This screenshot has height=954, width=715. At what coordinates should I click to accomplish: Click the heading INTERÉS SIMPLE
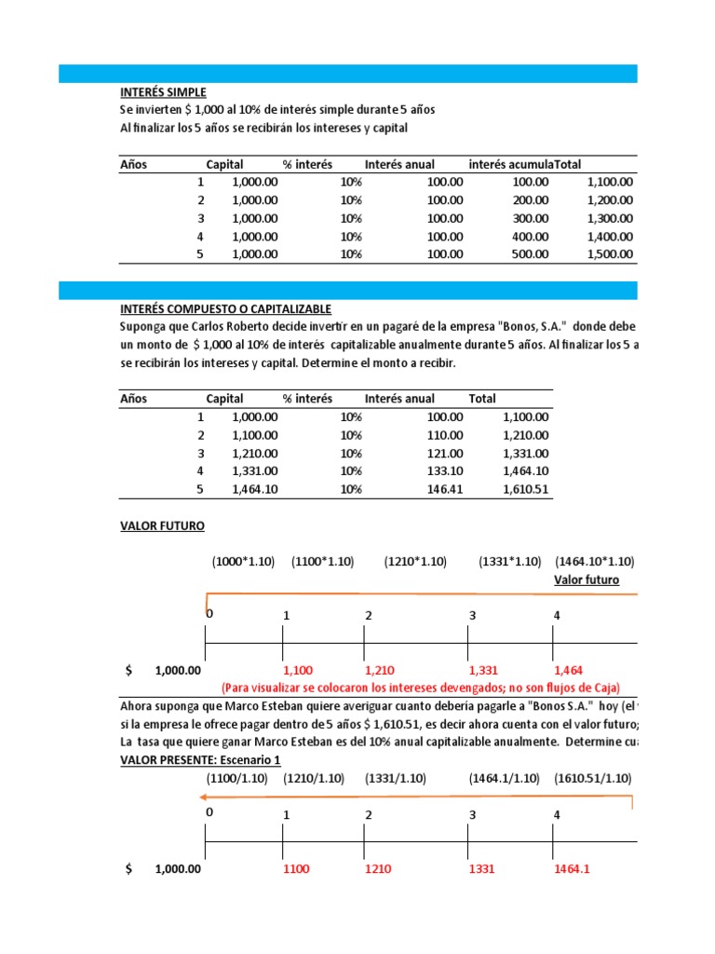pos(163,92)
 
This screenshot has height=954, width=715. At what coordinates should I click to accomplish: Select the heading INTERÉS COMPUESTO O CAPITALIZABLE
pos(225,308)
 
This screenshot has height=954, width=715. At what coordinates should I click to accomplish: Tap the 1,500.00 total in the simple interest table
pos(610,254)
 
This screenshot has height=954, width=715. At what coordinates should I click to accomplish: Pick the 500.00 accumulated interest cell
pos(531,254)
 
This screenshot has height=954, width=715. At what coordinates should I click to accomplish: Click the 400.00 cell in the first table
pos(531,237)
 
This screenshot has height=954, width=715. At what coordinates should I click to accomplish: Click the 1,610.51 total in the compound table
pos(525,488)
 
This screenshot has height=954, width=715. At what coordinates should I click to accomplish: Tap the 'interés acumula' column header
pos(510,165)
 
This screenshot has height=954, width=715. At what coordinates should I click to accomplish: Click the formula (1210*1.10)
pos(415,562)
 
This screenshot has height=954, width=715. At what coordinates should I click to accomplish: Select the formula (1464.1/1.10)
pos(504,778)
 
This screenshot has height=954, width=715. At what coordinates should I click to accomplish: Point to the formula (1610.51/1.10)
pos(592,778)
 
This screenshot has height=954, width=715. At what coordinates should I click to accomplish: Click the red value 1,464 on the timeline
pos(569,670)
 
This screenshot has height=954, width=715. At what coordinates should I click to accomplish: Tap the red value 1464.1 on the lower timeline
pos(573,868)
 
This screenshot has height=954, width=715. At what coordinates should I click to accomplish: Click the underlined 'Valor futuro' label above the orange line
pos(587,579)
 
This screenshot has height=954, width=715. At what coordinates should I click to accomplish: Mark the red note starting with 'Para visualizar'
pos(420,688)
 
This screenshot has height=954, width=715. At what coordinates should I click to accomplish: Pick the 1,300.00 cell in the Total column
pos(610,219)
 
